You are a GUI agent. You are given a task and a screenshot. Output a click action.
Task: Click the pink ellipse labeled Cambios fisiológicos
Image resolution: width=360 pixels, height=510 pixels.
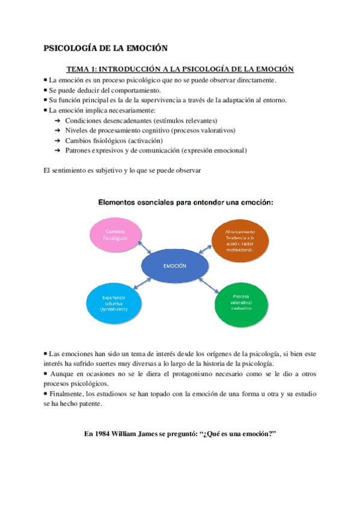[x=115, y=235]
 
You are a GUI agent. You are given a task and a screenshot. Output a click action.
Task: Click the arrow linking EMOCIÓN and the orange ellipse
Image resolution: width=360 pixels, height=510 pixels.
[x=207, y=249]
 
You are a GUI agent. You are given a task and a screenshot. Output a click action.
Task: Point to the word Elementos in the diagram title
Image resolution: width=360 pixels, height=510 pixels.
[x=118, y=203]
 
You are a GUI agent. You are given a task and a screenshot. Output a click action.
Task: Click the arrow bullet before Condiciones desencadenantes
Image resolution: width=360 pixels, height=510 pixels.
[x=57, y=120]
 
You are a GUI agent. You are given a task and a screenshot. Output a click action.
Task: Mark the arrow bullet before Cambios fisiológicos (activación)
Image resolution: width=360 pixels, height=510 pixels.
[x=57, y=140]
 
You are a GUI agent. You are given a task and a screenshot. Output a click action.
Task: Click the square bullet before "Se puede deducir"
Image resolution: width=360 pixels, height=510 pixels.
[x=46, y=90]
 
